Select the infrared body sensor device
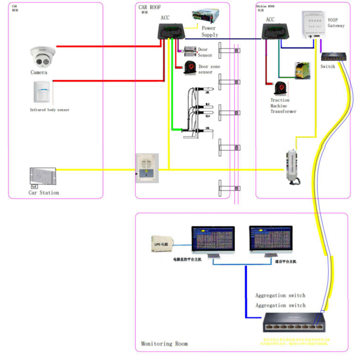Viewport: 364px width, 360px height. (42, 92)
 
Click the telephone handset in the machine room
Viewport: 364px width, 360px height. (292, 167)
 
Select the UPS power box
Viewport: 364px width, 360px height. (163, 244)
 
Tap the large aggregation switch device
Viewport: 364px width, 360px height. (294, 324)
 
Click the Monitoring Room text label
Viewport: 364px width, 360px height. (164, 344)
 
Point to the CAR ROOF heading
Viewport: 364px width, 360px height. (150, 7)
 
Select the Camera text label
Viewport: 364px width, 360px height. (39, 72)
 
